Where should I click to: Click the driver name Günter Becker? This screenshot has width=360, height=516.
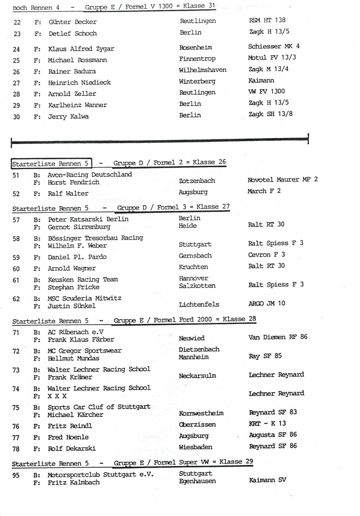pos(73,22)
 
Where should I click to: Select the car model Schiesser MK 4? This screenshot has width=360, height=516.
pos(274,46)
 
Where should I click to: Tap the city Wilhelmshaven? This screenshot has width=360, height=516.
pos(202,70)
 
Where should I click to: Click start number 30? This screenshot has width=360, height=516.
pos(16,117)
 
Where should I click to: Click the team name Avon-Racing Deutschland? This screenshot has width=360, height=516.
pos(90,175)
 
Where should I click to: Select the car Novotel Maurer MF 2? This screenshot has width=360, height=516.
pos(283,180)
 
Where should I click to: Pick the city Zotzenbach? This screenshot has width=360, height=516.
pos(197,181)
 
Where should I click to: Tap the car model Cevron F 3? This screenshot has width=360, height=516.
pos(266,255)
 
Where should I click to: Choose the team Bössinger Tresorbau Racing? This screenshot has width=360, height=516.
pos(95,238)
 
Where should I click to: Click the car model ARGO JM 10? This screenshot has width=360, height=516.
pos(266,304)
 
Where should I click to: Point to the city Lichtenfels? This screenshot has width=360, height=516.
pos(199,304)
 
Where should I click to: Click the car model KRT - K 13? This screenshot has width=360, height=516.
pos(267,424)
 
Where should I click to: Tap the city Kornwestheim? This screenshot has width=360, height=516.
pos(201,413)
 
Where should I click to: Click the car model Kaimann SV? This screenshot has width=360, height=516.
pos(267,480)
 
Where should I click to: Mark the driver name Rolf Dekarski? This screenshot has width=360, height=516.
pos(72,448)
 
